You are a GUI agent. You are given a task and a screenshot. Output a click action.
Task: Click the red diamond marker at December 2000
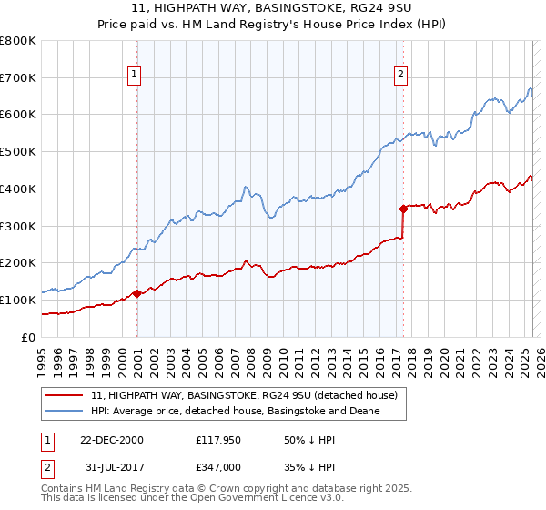pyautogui.click(x=136, y=293)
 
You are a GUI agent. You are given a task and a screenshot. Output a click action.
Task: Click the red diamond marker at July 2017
pyautogui.click(x=403, y=208)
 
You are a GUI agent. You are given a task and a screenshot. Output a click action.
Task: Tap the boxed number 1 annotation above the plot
pyautogui.click(x=135, y=75)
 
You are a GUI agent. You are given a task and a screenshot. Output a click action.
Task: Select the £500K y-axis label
pyautogui.click(x=18, y=152)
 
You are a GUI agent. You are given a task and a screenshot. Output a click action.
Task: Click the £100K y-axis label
pyautogui.click(x=18, y=300)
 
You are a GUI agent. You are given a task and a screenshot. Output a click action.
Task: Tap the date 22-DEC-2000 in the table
pyautogui.click(x=111, y=440)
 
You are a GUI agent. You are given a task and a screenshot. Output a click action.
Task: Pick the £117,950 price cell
pyautogui.click(x=217, y=440)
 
